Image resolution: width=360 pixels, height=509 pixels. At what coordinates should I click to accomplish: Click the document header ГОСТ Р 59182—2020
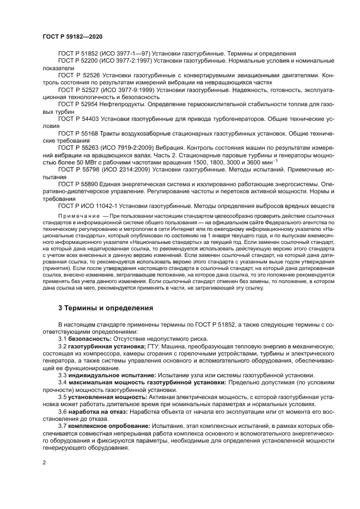coord(72,36)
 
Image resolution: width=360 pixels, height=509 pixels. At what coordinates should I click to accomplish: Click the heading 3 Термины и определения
coord(106,308)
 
